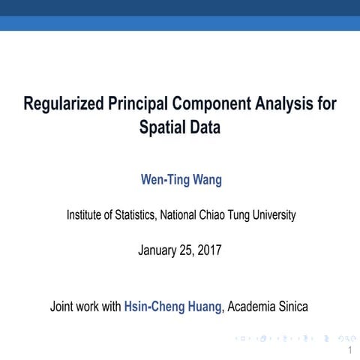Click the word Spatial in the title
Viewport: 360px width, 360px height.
163,127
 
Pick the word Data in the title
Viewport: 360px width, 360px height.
205,127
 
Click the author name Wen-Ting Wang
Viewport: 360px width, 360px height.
181,180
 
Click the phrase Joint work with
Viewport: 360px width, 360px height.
85,306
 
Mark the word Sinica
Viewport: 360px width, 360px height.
293,306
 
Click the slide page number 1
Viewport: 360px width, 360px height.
349,350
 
